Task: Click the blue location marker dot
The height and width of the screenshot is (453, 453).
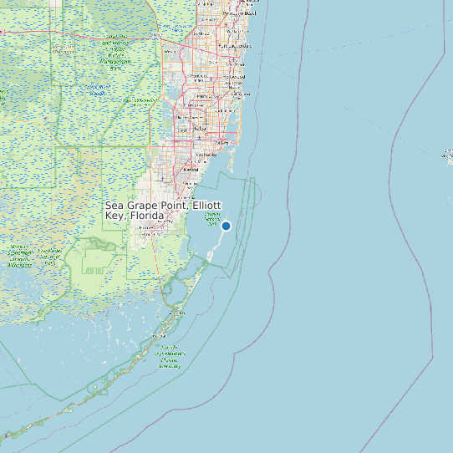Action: point(226,226)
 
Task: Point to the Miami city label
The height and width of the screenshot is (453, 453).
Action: point(222,143)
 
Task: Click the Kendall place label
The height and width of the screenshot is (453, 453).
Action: point(191,170)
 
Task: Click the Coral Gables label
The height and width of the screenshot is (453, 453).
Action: point(206,155)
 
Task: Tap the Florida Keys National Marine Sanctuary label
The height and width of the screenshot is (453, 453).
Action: point(170,356)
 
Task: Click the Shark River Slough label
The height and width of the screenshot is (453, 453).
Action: point(98,90)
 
